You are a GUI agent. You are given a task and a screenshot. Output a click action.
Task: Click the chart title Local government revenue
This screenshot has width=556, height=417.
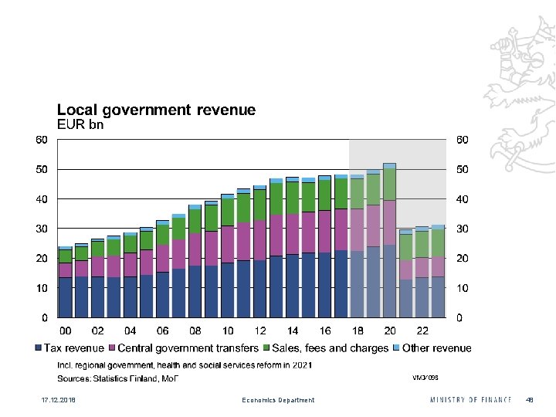coord(156,110)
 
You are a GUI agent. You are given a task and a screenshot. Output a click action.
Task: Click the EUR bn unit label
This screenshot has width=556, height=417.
coord(81,123)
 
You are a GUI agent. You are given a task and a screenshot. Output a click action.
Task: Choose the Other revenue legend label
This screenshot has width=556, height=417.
coord(436,348)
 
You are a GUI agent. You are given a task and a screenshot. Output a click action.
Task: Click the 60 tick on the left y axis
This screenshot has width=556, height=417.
coord(41,140)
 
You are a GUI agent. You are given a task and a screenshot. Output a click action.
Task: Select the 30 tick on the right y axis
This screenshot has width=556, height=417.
coord(463,229)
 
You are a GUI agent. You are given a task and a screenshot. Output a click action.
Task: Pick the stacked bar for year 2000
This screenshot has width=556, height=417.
coord(66,282)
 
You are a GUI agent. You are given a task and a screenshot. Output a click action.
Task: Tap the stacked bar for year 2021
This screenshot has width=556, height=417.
coord(405,273)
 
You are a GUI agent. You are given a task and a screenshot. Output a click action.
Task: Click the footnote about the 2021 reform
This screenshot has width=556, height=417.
coord(185,364)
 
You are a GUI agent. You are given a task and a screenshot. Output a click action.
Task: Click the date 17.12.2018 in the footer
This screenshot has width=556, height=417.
coord(48,400)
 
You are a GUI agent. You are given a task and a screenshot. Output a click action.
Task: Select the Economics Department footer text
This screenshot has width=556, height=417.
coord(278,400)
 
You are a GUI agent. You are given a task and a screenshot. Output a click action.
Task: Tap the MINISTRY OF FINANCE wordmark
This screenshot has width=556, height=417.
coord(470,400)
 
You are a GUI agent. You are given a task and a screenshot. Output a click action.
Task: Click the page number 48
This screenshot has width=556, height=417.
coord(530,400)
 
